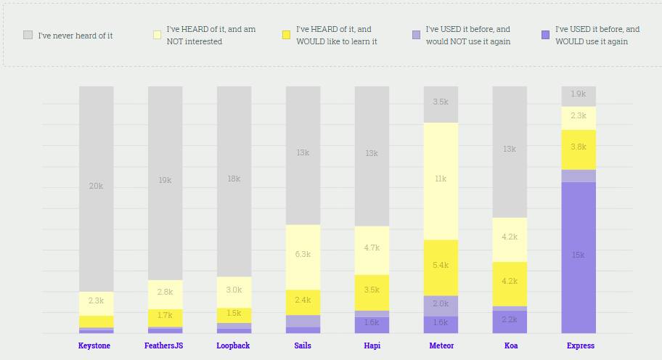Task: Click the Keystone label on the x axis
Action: tap(94, 345)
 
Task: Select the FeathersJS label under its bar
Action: tap(164, 345)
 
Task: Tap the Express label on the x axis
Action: tap(580, 345)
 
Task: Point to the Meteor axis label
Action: tap(441, 345)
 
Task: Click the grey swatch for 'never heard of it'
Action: tap(28, 35)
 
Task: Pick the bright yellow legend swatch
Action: tap(287, 35)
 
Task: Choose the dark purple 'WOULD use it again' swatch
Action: tap(545, 35)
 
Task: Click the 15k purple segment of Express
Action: tap(579, 255)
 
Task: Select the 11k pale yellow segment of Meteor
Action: tap(441, 179)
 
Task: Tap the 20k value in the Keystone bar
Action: tap(96, 187)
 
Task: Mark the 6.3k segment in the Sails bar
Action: tap(303, 255)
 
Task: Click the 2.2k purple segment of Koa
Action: tap(510, 320)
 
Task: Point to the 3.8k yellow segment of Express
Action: tap(579, 147)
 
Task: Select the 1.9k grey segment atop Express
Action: tap(579, 94)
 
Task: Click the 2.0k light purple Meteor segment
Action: tap(441, 304)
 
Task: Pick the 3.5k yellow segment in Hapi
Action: tap(372, 290)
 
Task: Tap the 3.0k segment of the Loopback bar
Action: tap(234, 290)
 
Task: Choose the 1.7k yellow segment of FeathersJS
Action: tap(165, 316)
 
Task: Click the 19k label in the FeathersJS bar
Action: tap(165, 179)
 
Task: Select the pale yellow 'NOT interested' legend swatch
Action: tap(158, 35)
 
